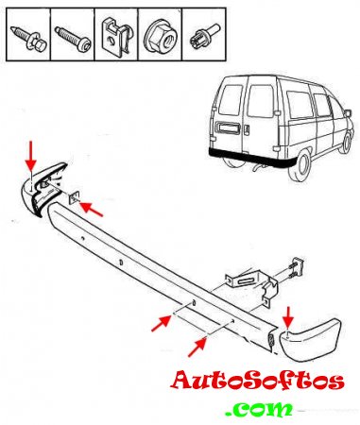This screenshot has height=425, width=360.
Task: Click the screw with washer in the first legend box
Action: pyautogui.click(x=29, y=39)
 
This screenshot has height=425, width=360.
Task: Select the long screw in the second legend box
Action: pyautogui.click(x=73, y=39)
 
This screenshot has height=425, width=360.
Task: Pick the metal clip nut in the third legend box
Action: pyautogui.click(x=114, y=37)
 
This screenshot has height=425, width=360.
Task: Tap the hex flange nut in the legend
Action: pyautogui.click(x=159, y=38)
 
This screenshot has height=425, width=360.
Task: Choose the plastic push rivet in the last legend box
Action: pyautogui.click(x=205, y=37)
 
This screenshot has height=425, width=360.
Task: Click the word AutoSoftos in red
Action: pyautogui.click(x=257, y=381)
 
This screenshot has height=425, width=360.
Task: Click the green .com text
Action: pyautogui.click(x=260, y=409)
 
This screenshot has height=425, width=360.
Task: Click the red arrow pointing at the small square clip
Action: pyautogui.click(x=92, y=209)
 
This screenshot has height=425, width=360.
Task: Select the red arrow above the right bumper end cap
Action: pyautogui.click(x=288, y=318)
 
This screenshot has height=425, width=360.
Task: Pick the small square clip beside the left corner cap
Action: pyautogui.click(x=74, y=198)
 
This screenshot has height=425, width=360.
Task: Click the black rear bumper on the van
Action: pyautogui.click(x=252, y=159)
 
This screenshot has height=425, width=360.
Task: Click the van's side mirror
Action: pyautogui.click(x=348, y=113)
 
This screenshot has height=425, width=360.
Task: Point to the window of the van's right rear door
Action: pyautogui.click(x=260, y=101)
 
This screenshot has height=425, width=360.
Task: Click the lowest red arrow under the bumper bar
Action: pyautogui.click(x=197, y=348)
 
